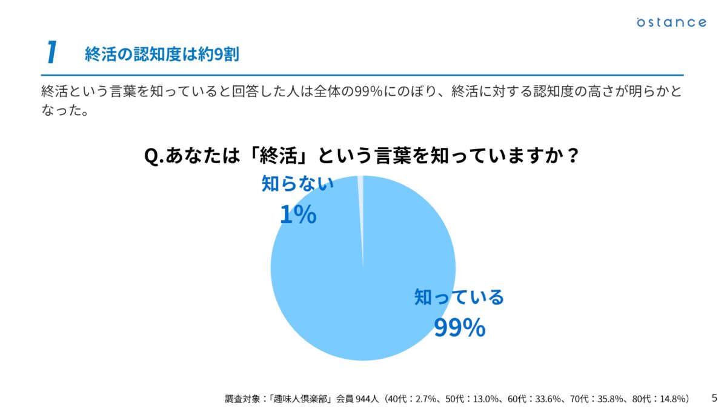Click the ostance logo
671,22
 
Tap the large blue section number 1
52,53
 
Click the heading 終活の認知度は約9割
162,55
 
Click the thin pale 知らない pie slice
361,200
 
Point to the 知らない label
297,184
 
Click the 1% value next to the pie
297,214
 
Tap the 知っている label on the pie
459,298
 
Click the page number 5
714,397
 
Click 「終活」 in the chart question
278,156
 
